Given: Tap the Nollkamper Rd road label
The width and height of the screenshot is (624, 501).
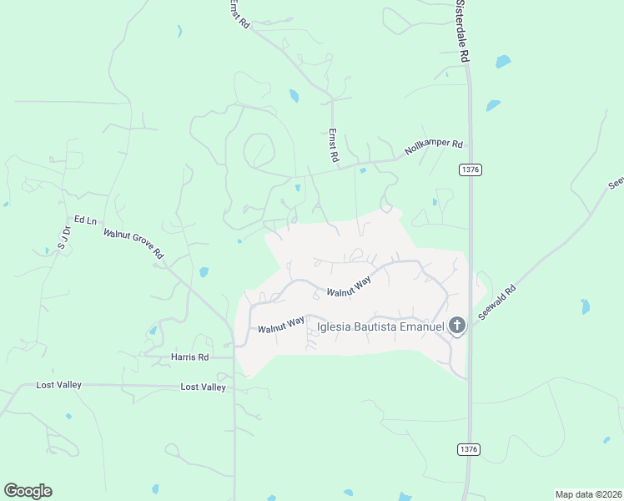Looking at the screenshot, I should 434,149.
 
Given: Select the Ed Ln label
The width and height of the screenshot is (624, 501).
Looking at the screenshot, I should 86,220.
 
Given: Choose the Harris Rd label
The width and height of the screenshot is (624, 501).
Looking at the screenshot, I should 189,357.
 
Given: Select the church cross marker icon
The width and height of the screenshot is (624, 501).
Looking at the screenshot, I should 457,326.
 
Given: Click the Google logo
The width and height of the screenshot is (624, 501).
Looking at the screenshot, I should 28,491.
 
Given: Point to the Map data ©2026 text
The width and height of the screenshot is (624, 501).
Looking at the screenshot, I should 587,494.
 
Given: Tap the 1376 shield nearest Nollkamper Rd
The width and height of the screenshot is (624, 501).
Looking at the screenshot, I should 471,170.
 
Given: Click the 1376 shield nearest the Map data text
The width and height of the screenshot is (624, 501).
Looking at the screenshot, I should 469,449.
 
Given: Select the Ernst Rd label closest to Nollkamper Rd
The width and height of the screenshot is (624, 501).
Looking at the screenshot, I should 333,144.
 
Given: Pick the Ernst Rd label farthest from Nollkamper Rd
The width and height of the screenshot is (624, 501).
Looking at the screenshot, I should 240,14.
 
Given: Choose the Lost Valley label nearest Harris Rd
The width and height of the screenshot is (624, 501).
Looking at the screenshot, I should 204,387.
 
